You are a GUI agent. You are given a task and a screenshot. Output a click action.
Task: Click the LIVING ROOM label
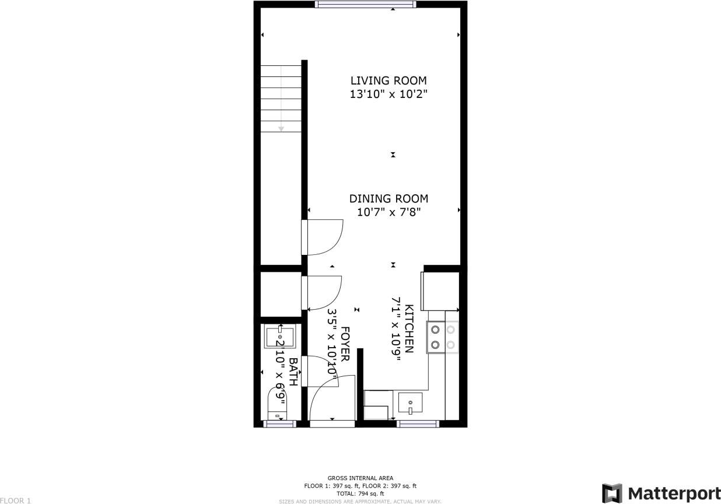pos(388,80)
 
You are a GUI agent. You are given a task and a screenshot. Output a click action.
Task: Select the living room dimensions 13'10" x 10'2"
pos(388,94)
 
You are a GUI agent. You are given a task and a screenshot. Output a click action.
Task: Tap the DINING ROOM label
pos(388,199)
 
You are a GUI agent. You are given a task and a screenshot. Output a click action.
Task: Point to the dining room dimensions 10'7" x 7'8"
pos(388,213)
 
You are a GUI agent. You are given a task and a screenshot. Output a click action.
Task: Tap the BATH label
pos(293,372)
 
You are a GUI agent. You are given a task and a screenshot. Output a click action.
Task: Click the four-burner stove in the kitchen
pos(443,337)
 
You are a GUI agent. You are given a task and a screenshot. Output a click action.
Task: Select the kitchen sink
pos(411,403)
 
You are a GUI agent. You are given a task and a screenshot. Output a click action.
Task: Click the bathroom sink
pos(279,337)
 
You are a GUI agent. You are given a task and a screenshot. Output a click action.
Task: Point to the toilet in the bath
pos(278,404)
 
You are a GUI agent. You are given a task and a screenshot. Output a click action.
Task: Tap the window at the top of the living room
pos(365,4)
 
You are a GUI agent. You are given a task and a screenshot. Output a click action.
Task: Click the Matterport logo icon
pos(612,493)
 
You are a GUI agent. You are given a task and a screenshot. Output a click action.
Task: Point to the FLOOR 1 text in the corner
pos(15,501)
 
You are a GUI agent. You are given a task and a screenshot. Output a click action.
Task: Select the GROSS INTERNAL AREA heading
pos(360,478)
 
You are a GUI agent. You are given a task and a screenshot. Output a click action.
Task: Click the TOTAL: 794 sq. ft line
pos(360,494)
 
